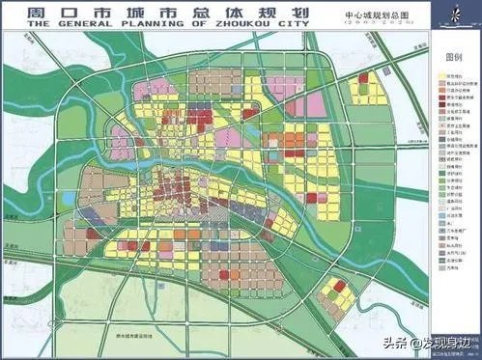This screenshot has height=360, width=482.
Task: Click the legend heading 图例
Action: [x=451, y=57]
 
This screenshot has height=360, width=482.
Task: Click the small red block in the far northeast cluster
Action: [x=363, y=77]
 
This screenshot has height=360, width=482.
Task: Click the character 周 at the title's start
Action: [x=19, y=17]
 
